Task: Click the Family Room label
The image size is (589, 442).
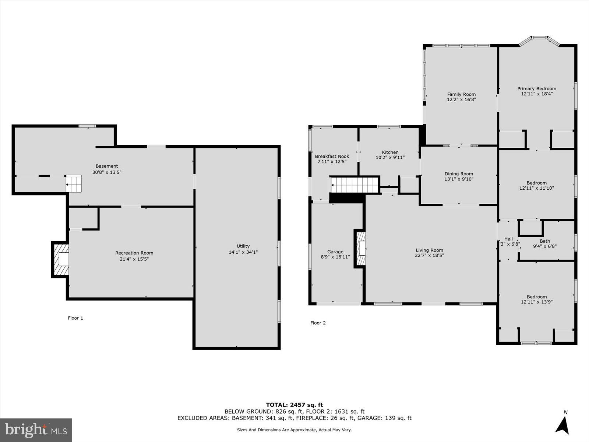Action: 461,94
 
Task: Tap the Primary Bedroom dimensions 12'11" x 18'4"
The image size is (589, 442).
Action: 537,94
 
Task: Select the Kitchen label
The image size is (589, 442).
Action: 390,152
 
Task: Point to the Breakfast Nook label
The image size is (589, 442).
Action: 332,156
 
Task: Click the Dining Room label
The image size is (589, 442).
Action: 459,174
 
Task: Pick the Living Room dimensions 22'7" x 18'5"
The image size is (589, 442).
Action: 429,255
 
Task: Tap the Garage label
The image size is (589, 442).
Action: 335,252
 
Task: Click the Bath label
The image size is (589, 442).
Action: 545,241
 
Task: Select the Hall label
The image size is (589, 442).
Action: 508,239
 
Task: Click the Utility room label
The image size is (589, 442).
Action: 243,246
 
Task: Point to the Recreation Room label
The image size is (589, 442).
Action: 134,253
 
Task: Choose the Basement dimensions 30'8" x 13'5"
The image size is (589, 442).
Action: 107,172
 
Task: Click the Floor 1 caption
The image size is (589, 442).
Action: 75,318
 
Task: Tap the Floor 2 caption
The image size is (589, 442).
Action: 318,323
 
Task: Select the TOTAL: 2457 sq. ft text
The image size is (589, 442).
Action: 294,405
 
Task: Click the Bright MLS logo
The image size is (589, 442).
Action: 36,430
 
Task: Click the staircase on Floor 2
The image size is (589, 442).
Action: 355,185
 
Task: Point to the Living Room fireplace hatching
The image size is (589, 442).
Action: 361,248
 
